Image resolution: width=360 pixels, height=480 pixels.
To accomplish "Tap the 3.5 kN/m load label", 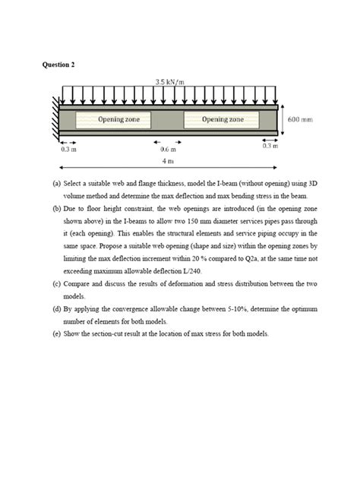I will [170, 81].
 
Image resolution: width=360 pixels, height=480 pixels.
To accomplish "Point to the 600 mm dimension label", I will [301, 120].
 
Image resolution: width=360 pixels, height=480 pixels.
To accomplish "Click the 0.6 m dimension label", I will [168, 150].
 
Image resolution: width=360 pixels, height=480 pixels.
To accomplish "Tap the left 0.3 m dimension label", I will [68, 150].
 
